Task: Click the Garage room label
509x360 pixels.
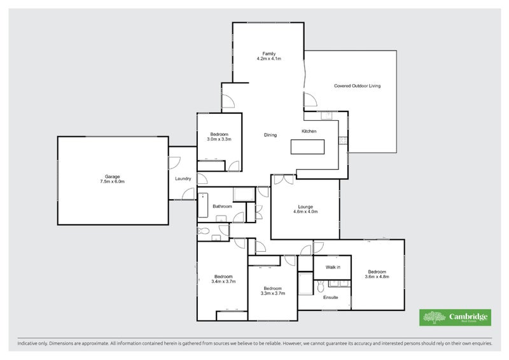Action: pos(113,176)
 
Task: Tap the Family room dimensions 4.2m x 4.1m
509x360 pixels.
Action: pos(268,59)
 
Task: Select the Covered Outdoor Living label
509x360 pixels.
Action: pos(357,86)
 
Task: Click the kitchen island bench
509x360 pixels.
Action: pos(307,146)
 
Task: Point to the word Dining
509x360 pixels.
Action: pos(270,135)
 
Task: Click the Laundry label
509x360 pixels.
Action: pos(183,179)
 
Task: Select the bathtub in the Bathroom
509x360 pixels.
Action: pos(203,205)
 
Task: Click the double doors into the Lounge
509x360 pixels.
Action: pos(283,180)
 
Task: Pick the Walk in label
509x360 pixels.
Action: pos(333,267)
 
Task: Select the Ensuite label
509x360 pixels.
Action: pos(331,298)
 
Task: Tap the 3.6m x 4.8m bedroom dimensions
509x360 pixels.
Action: pos(376,277)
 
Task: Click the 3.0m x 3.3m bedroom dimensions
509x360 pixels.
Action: pos(220,139)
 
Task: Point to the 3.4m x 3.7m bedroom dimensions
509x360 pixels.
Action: pos(223,282)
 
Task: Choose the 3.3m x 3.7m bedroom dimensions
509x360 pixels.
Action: pos(272,293)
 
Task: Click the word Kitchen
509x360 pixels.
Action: pos(309,131)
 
